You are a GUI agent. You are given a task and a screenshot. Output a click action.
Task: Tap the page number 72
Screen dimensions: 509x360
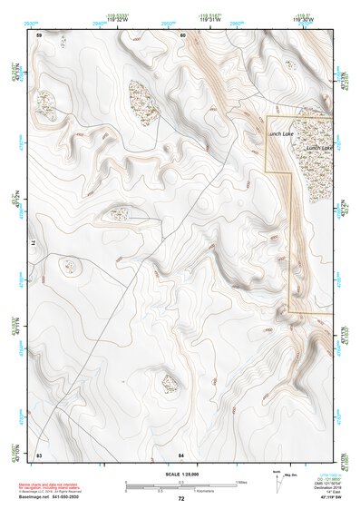coord(180,499)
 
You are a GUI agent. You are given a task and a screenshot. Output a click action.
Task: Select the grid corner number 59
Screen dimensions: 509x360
coord(39,34)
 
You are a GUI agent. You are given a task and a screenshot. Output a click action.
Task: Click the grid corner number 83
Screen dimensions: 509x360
coord(39,453)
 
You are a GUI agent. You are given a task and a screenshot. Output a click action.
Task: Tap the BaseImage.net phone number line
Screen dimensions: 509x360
coord(53,498)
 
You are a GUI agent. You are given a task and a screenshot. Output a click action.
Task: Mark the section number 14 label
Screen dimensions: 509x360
coord(36,244)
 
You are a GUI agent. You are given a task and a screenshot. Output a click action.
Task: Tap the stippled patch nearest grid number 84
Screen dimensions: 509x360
coord(170,384)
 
